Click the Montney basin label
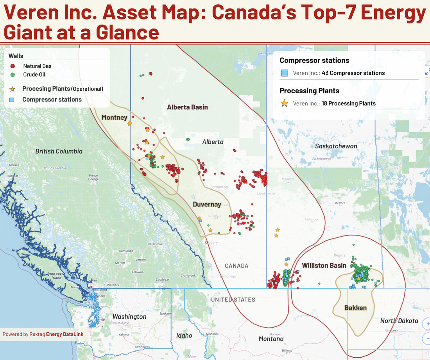tap(114, 118)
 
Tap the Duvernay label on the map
tap(207, 205)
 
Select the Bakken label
tap(355, 308)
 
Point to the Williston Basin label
tap(324, 266)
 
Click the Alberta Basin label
tap(187, 107)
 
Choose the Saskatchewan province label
tap(336, 146)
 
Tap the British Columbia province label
tap(59, 151)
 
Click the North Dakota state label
tap(399, 321)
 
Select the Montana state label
tap(271, 339)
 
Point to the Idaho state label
tap(184, 335)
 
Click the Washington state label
tap(129, 317)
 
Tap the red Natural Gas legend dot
tap(13, 66)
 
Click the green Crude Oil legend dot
tap(13, 75)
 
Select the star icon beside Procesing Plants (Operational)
tap(13, 89)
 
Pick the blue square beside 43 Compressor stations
tap(285, 73)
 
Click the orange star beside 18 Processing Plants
tap(285, 103)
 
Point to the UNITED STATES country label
tap(233, 299)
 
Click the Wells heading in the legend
tap(16, 56)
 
